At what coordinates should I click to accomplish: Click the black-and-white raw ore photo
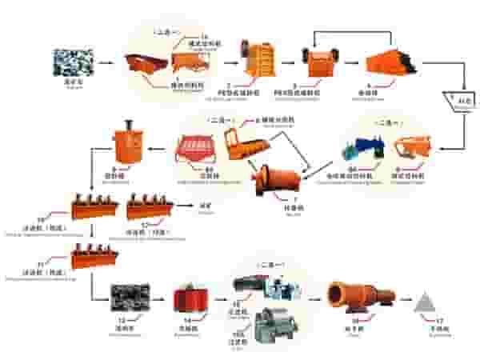click(x=73, y=62)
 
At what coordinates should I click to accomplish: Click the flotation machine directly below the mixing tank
click(x=94, y=208)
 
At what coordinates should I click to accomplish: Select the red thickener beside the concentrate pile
click(x=189, y=298)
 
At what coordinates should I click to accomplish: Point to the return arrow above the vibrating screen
click(x=352, y=33)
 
